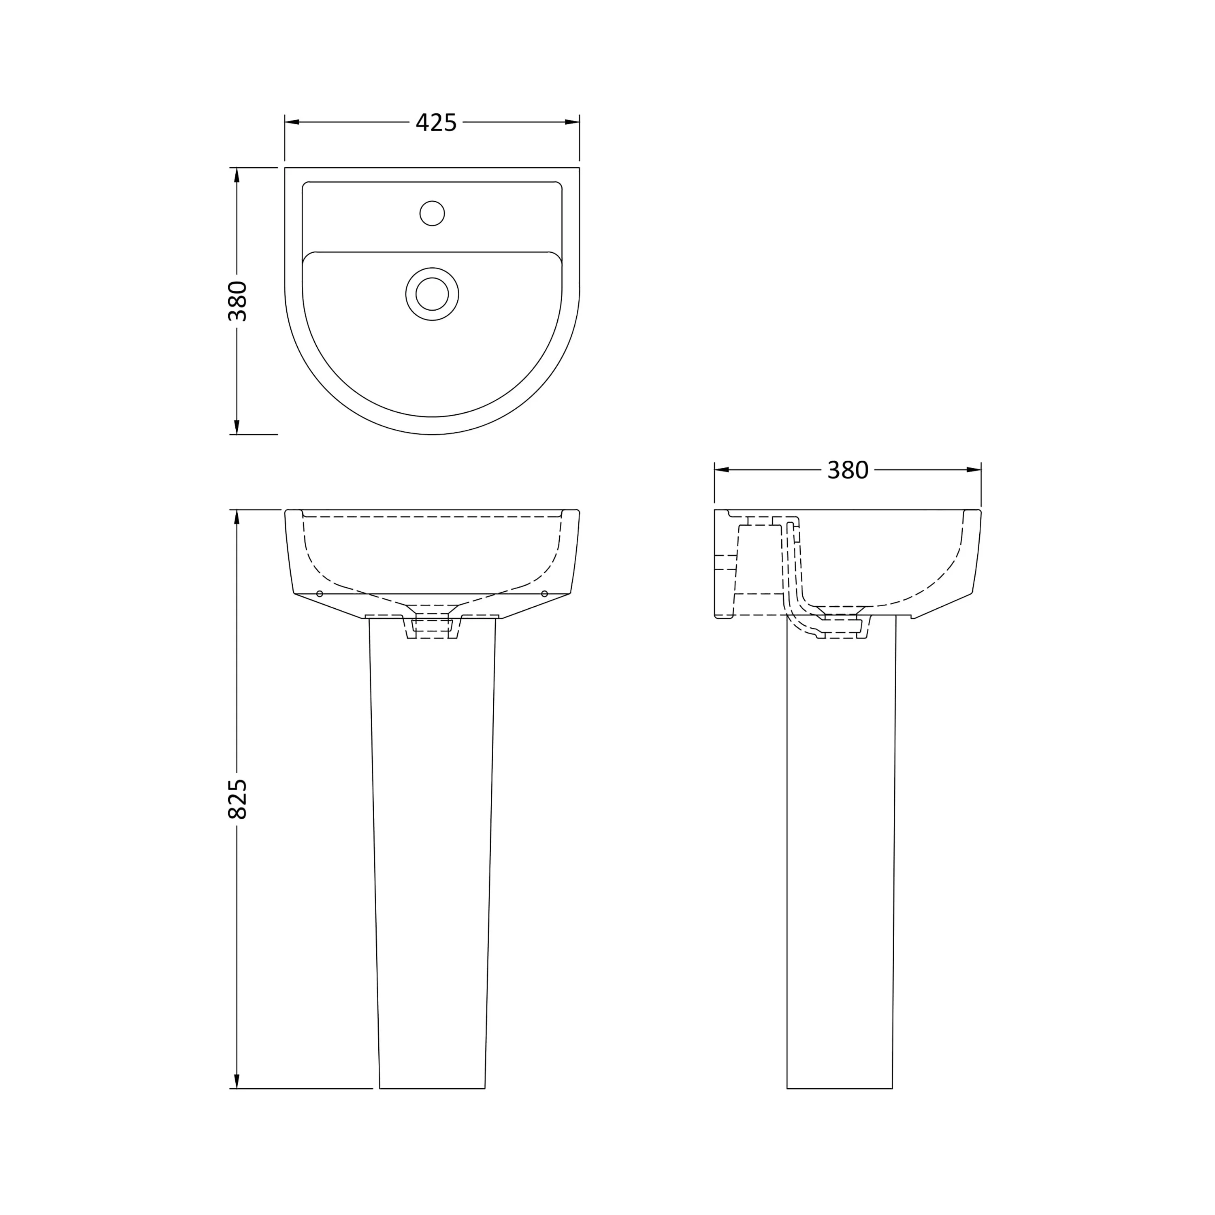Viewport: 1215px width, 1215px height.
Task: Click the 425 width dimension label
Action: tap(436, 123)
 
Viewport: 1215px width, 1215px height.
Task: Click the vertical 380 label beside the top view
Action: tap(238, 301)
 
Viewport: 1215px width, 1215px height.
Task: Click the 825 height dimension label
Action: tap(238, 799)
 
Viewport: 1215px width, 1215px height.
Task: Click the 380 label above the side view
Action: tap(847, 470)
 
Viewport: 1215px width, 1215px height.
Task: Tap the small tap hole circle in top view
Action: tap(432, 213)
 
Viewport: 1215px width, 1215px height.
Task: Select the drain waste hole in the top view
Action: tap(432, 294)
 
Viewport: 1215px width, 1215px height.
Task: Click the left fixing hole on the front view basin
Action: tap(320, 594)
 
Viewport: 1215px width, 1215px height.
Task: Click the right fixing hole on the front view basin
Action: tap(545, 594)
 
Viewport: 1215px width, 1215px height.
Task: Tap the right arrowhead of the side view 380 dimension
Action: tap(974, 470)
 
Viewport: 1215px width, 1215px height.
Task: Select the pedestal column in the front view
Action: tap(432, 849)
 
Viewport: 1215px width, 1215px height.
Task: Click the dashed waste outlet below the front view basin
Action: tap(432, 627)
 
